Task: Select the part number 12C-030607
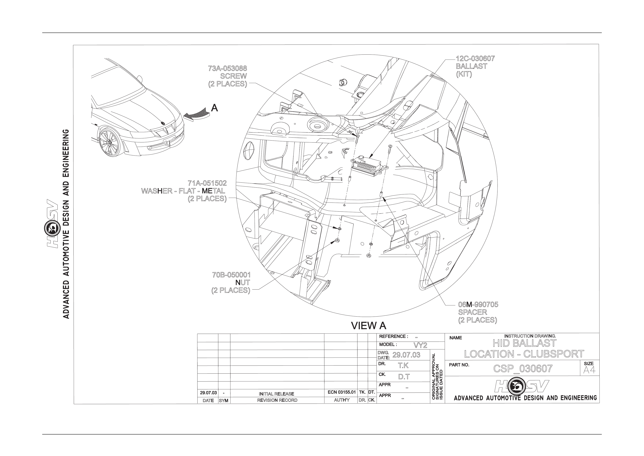475,59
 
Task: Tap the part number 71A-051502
207,183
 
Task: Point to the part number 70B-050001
231,275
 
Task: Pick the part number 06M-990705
478,304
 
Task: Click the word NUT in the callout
243,283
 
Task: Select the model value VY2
420,345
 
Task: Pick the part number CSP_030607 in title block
523,369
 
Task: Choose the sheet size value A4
589,370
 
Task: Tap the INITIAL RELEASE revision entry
276,394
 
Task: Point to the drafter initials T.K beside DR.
403,365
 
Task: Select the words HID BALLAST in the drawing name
524,343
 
